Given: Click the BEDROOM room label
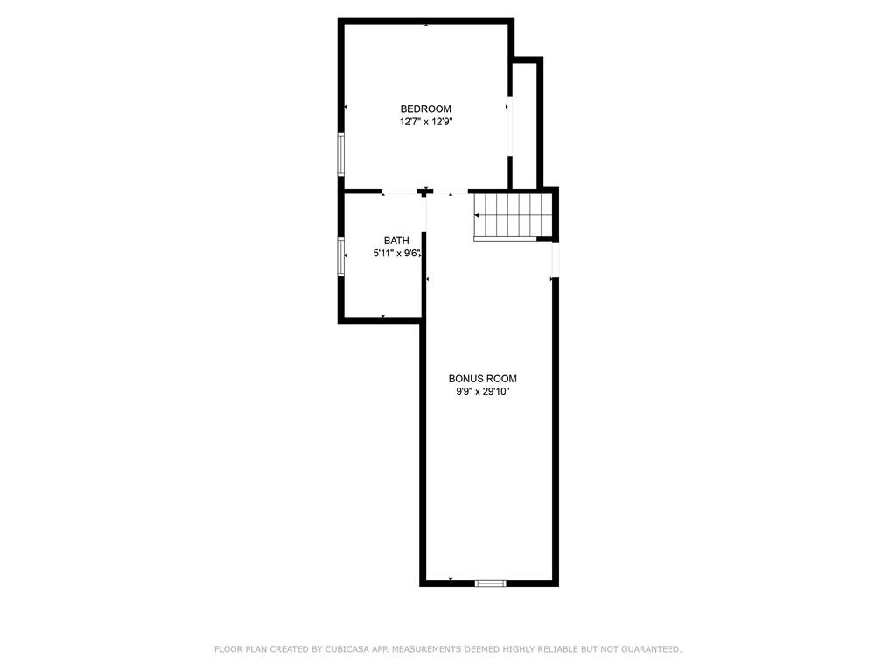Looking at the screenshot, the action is pos(426,108).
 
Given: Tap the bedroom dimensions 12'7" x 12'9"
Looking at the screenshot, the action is pos(426,122).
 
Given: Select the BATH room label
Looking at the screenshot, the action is pos(396,241).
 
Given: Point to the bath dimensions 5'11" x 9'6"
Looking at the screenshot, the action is pos(397,253).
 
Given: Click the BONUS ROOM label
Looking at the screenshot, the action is pos(483,378).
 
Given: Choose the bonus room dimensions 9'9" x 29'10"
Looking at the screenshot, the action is pos(483,391).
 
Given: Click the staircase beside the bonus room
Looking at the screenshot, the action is pos(513,216).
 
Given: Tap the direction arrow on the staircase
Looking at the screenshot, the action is pos(478,215).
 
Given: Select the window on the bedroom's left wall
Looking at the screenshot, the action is pos(341,154).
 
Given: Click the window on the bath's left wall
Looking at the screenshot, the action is pos(341,257).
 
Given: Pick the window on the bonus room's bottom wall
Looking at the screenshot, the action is pos(491,584).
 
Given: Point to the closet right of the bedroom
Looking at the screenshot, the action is pos(524,125).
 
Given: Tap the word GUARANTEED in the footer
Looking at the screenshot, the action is pos(651,649).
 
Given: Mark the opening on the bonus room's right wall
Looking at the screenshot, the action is pos(555,261).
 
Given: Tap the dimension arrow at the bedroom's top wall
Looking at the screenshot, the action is pos(426,25).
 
